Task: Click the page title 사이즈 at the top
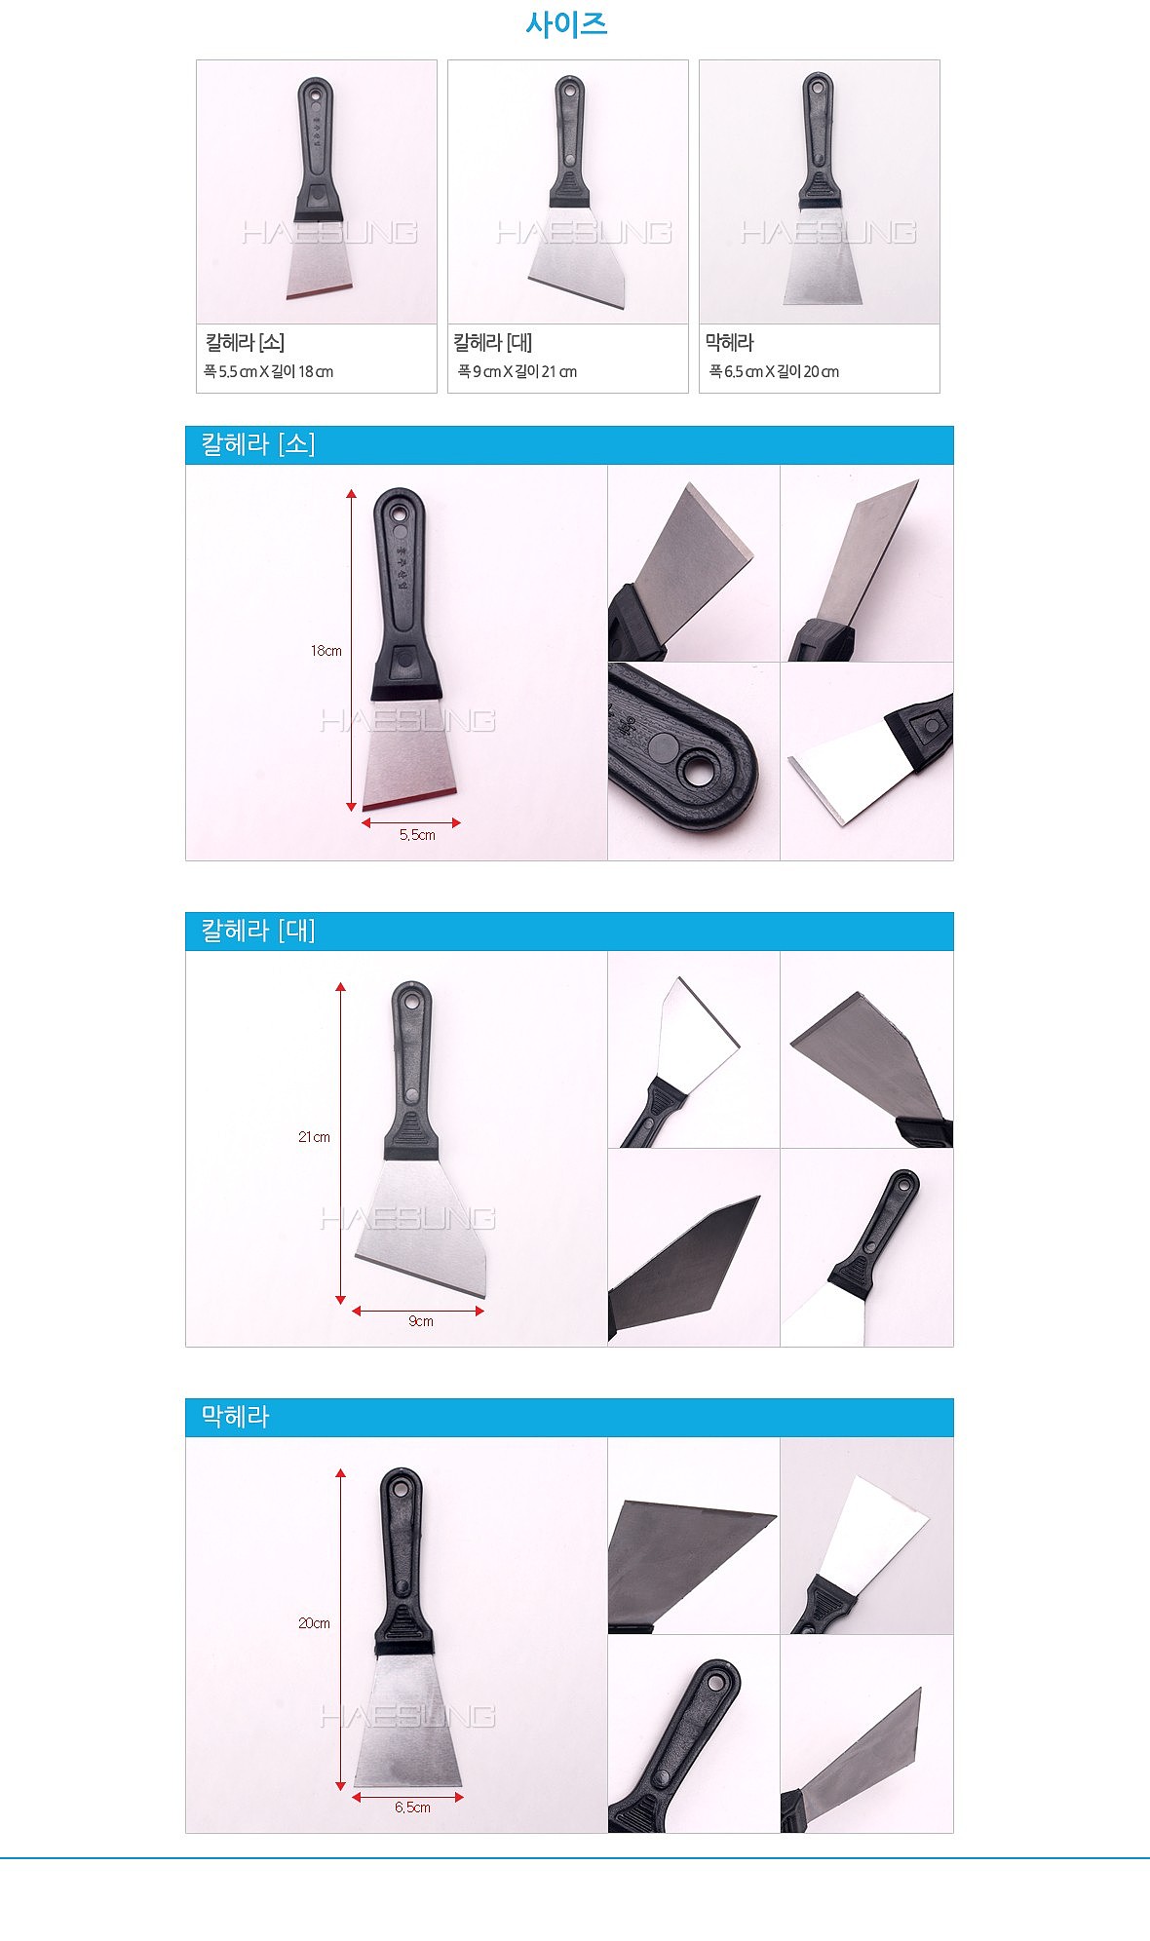[x=566, y=24]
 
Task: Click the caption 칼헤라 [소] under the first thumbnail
[x=245, y=343]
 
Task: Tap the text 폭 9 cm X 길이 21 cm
[x=517, y=371]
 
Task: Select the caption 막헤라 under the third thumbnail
[x=730, y=343]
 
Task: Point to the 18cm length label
[x=326, y=651]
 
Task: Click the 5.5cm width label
[x=417, y=835]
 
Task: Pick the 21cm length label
[x=314, y=1137]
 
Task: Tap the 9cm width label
[x=421, y=1321]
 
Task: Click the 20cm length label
[x=314, y=1623]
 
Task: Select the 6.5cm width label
[x=412, y=1808]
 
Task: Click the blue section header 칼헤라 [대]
[x=258, y=931]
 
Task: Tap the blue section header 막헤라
[x=235, y=1417]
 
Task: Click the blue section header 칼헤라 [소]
[x=258, y=444]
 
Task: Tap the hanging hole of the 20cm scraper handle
[x=401, y=1488]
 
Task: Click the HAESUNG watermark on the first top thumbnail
[x=329, y=232]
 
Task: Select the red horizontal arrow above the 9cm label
[x=418, y=1311]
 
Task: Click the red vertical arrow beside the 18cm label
[x=352, y=651]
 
